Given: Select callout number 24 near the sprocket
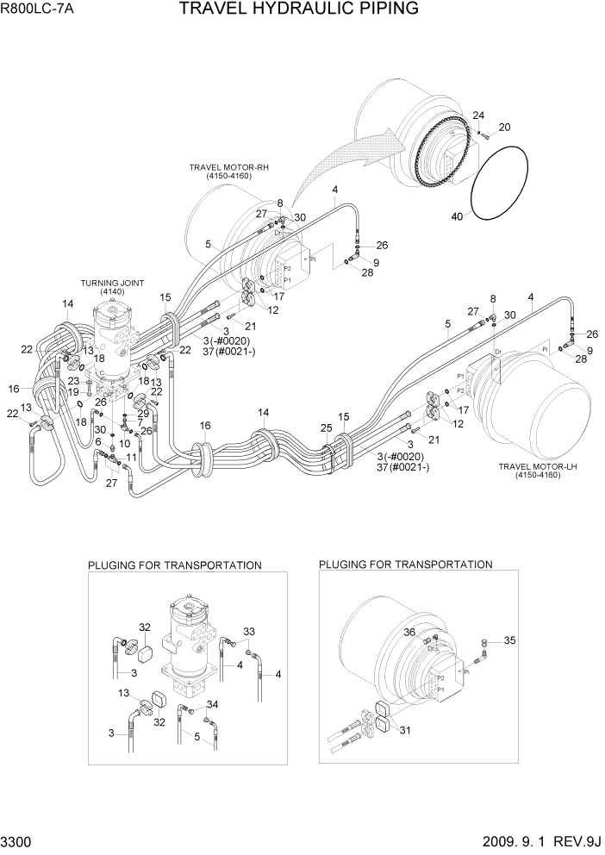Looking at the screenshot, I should coord(478,116).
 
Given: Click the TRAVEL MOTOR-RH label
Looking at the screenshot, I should coord(224,167).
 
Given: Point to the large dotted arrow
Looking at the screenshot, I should coord(345,155).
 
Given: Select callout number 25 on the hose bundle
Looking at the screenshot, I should coord(326,428).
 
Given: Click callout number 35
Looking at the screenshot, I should coord(510,640).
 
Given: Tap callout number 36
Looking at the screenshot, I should coord(410,633).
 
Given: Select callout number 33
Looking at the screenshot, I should coord(248,631).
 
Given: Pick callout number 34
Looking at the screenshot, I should coord(212,705).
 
